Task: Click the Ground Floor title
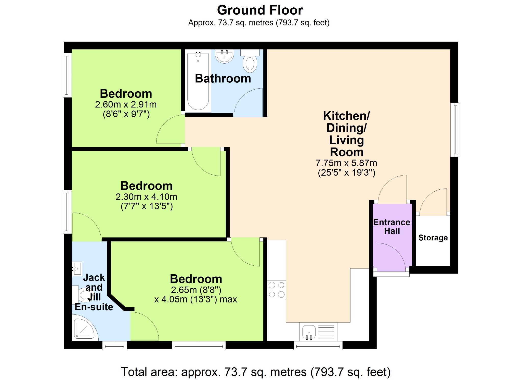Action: [260, 10]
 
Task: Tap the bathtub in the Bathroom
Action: [198, 81]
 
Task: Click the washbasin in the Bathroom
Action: [224, 56]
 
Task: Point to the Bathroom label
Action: [223, 78]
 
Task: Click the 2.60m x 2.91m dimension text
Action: [126, 104]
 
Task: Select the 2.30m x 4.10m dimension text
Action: [147, 197]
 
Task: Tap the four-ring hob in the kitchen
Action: [277, 290]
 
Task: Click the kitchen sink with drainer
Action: [318, 332]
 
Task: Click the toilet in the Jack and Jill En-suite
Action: [83, 295]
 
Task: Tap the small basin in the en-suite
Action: [77, 268]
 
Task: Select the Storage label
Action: [433, 238]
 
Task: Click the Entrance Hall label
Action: [392, 227]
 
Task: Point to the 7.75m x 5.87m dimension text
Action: [346, 163]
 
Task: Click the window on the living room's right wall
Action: [455, 130]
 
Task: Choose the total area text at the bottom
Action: [256, 372]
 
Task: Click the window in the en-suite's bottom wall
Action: [115, 346]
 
